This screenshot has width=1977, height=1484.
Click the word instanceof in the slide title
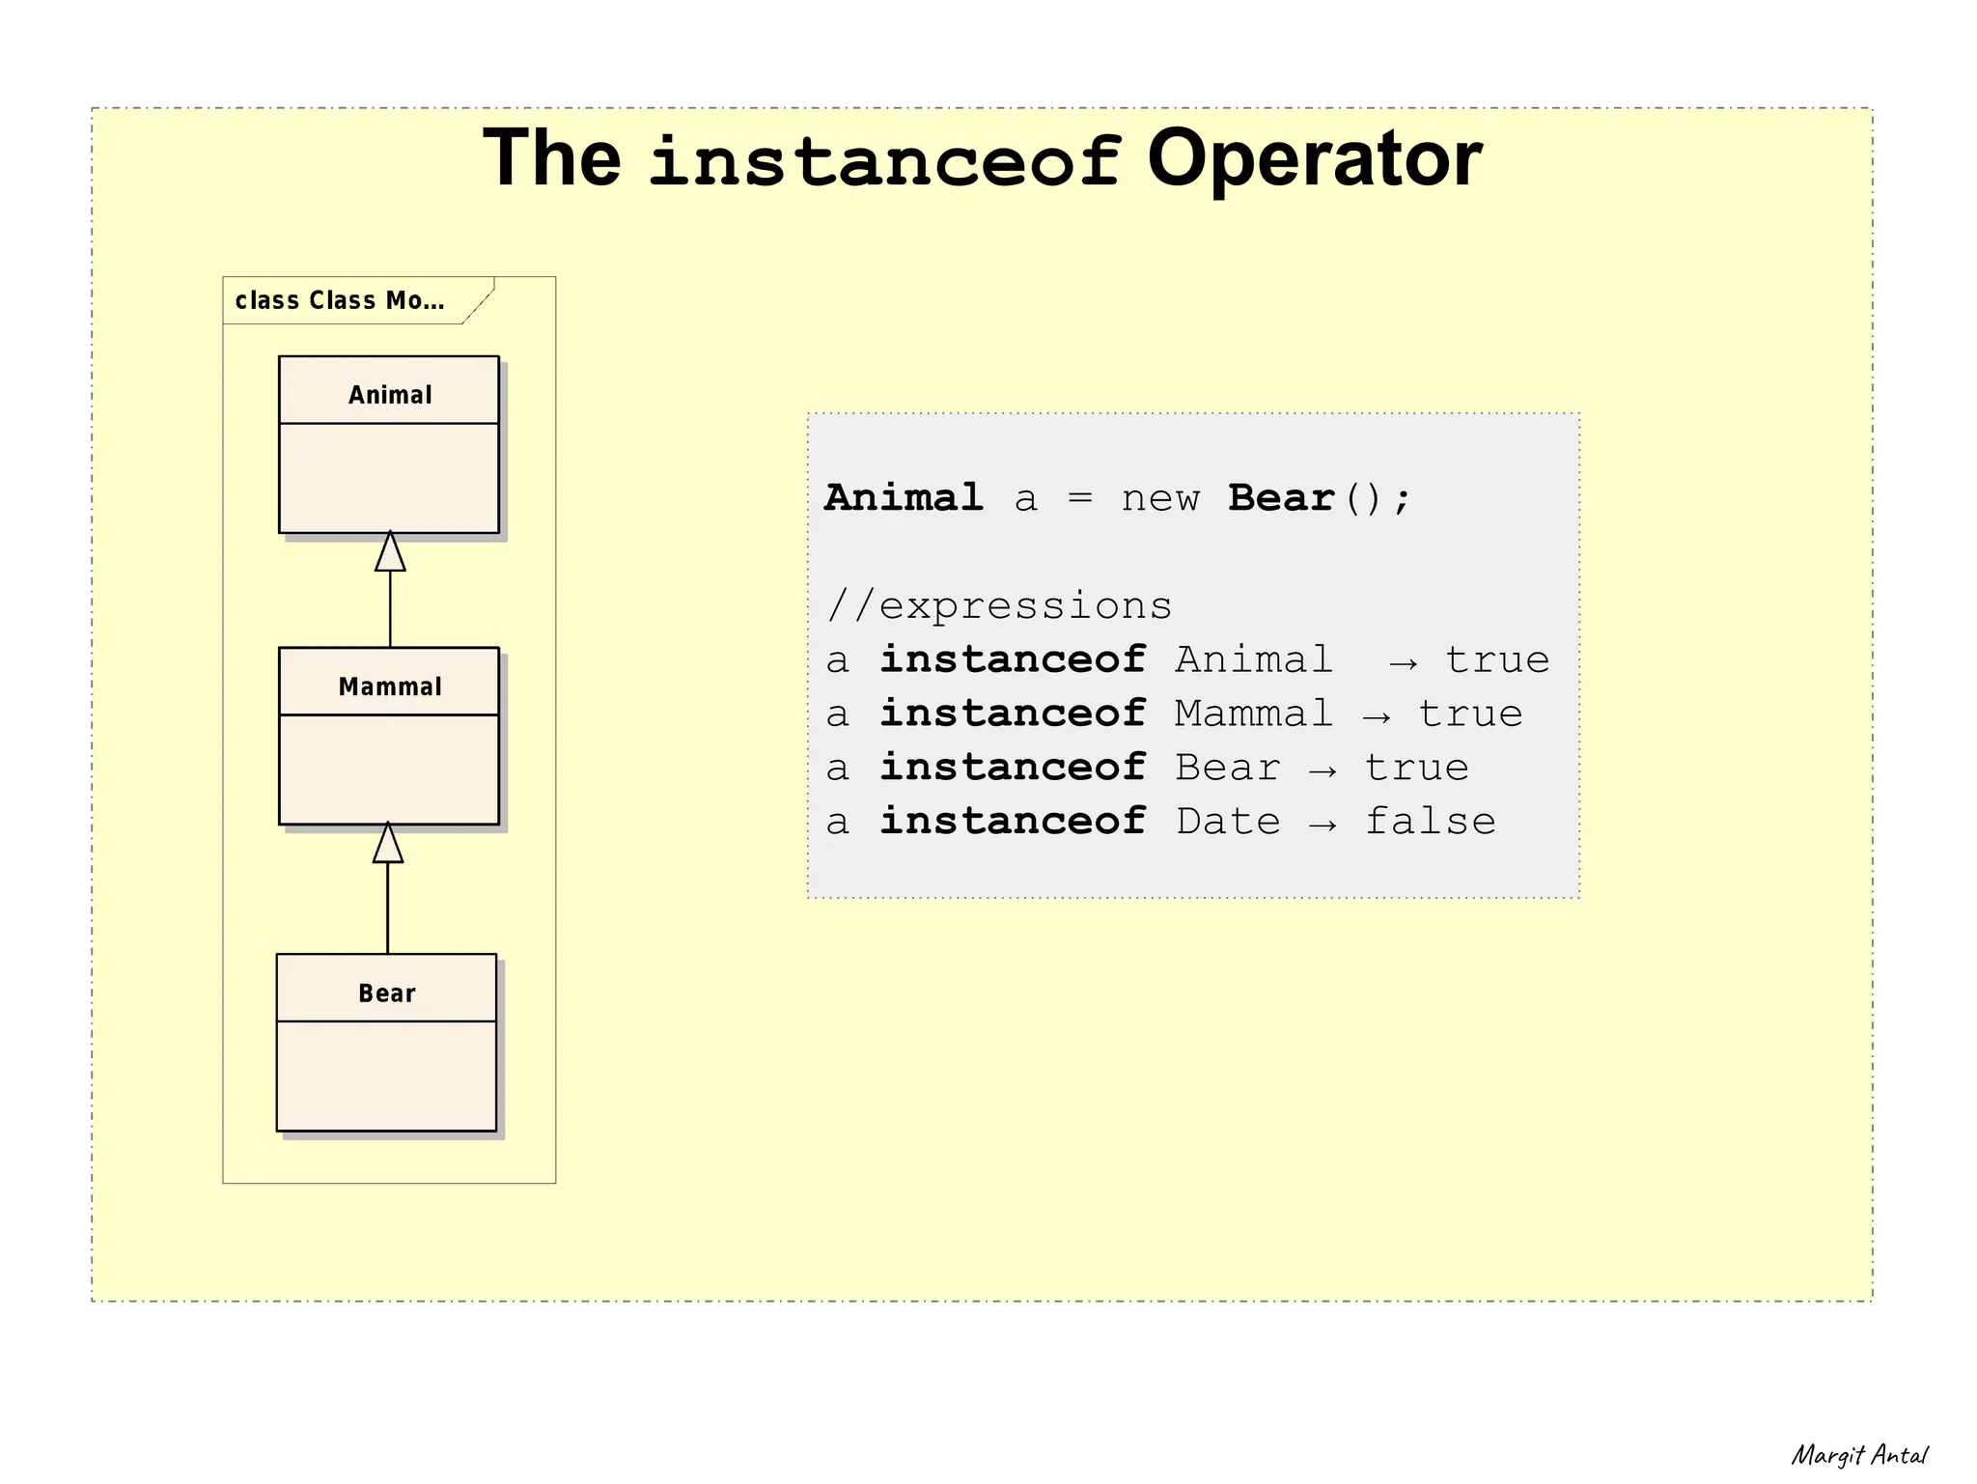pos(883,160)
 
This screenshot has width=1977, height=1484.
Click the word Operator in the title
pos(1313,160)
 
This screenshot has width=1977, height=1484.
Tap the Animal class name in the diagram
pos(390,395)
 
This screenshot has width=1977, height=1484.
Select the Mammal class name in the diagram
pos(390,686)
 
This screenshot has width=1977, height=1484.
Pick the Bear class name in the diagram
pos(387,994)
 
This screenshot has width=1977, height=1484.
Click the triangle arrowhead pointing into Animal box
pos(390,553)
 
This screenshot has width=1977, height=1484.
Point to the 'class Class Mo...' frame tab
pos(340,300)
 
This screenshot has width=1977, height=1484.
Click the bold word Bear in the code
pos(1280,498)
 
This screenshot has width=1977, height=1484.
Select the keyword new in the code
pos(1159,499)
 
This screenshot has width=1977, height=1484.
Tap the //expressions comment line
pos(999,606)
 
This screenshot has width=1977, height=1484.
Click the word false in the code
pos(1430,822)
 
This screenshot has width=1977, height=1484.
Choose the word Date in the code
pos(1228,822)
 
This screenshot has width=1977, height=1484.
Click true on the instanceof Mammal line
pos(1469,714)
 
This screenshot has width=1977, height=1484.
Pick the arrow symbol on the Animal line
pos(1404,662)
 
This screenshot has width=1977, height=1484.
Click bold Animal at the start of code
pos(904,498)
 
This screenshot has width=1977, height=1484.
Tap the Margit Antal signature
pos(1858,1455)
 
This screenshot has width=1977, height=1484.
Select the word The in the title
pos(551,160)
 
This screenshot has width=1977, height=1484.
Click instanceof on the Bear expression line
pos(1012,768)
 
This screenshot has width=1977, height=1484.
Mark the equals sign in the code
pos(1079,499)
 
